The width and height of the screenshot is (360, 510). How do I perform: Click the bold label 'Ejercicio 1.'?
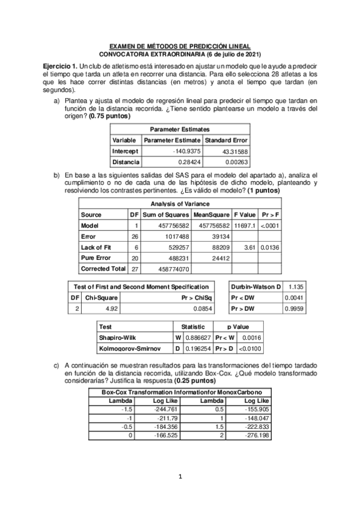(x=61, y=65)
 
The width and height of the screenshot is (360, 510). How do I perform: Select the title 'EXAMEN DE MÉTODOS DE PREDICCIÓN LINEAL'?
(x=178, y=46)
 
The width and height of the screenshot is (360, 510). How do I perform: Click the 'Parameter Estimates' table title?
(x=180, y=129)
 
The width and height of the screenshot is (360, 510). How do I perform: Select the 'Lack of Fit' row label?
(x=96, y=247)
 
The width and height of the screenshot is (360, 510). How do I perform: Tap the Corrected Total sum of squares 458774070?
(x=174, y=268)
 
